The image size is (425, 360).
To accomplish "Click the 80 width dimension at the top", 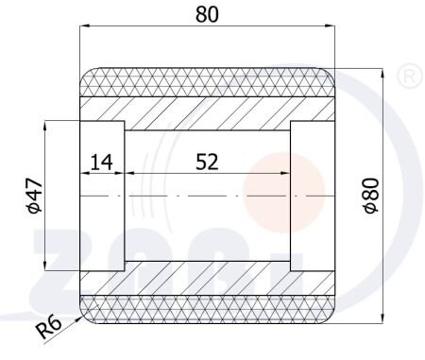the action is (x=207, y=14).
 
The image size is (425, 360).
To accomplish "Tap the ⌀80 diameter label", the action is (x=371, y=196).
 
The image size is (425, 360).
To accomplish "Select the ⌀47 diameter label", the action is (x=34, y=196).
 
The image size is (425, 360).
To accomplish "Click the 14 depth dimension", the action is (x=101, y=162).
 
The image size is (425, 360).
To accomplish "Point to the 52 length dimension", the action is (x=207, y=162).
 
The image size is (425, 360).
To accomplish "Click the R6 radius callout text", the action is (x=48, y=327).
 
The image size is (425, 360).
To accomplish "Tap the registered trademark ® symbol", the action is (x=409, y=76).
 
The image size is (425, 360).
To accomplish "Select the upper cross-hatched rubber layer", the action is (x=207, y=82).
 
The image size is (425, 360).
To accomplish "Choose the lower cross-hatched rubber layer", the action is (x=207, y=310).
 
